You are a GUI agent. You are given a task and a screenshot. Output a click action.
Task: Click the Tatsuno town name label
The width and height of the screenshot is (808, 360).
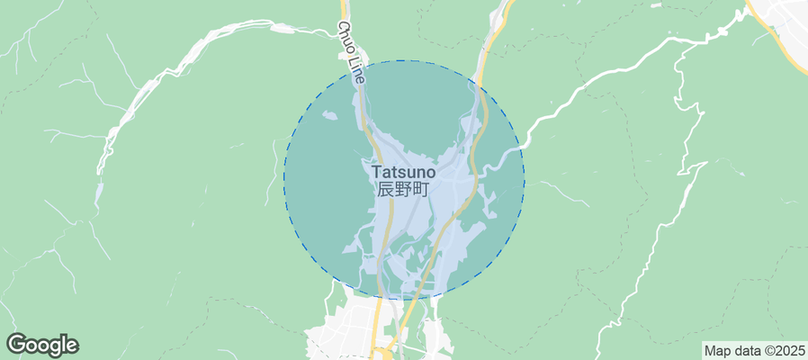(x=403, y=171)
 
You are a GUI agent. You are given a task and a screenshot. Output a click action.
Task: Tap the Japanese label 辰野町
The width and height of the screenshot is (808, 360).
(x=403, y=190)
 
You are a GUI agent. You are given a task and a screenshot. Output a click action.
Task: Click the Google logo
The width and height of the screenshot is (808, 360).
(x=42, y=345)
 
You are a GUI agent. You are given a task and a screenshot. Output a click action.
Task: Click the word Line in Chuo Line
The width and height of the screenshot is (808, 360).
(x=357, y=70)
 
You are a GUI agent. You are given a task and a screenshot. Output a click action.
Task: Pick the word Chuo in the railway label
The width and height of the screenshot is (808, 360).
(x=347, y=39)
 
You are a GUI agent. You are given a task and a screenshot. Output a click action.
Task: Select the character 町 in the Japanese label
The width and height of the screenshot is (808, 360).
(x=421, y=190)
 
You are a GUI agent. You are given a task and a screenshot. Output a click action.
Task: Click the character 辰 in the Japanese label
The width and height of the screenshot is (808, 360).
(x=385, y=190)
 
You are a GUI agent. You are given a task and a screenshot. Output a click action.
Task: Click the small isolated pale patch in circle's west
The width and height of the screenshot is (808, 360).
(x=329, y=116)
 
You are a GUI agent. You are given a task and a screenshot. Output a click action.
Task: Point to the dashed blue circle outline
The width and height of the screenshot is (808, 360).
(x=284, y=180)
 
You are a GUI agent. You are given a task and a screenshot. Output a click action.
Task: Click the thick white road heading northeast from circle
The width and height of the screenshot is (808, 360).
(x=612, y=72)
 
